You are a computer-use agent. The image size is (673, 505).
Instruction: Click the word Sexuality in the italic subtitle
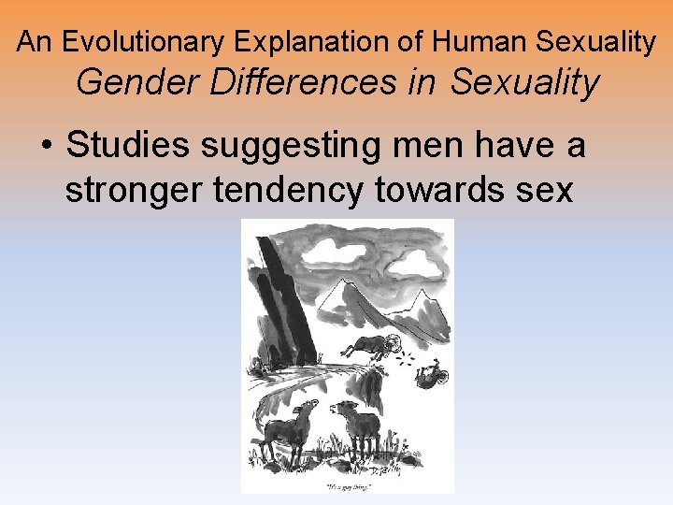tap(524, 83)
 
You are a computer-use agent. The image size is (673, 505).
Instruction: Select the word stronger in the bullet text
tap(134, 190)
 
